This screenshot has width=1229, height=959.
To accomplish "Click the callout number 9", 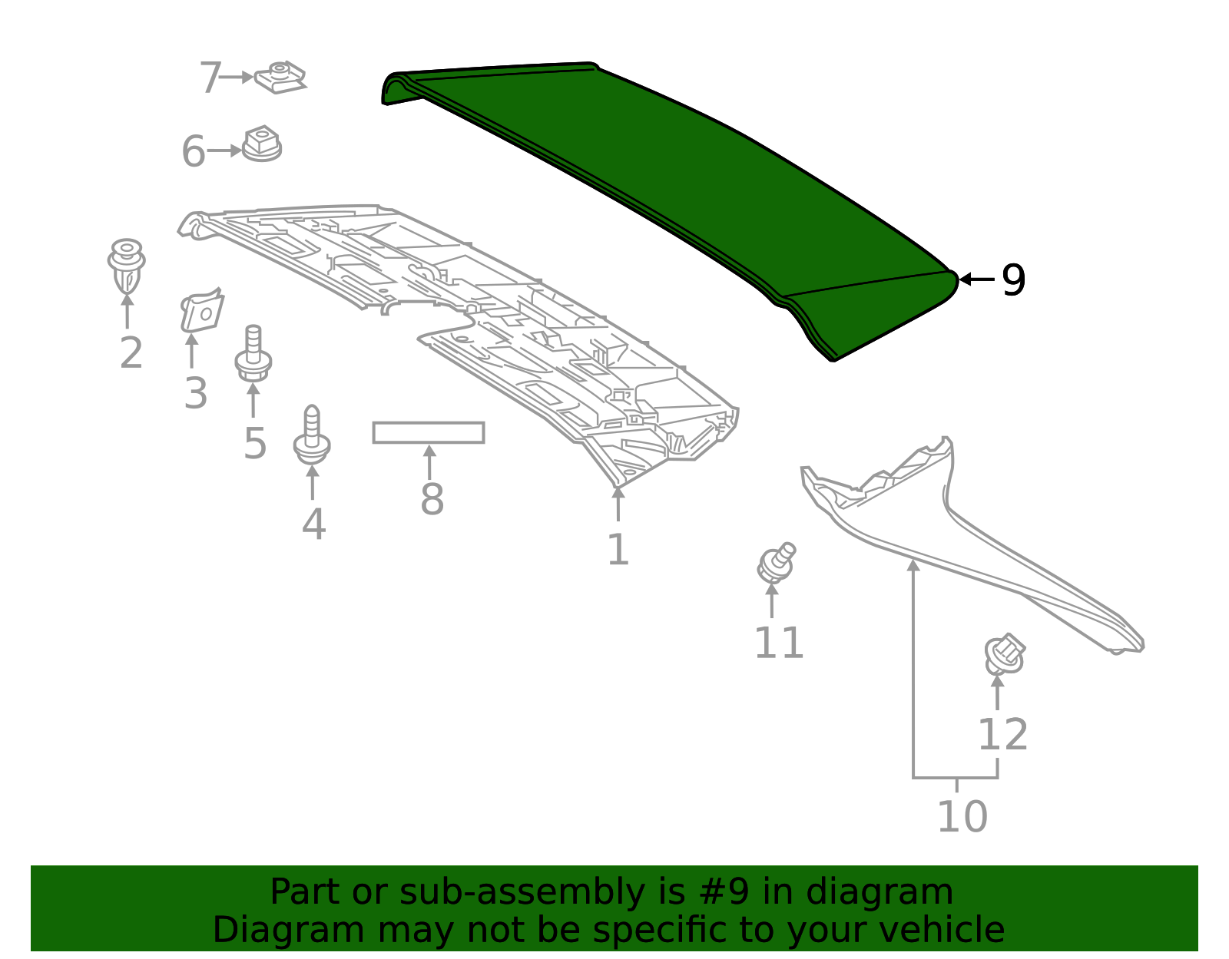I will pyautogui.click(x=1013, y=280).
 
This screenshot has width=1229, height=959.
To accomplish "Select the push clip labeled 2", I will pyautogui.click(x=126, y=266).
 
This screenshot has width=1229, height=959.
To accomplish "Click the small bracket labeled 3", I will pyautogui.click(x=201, y=312).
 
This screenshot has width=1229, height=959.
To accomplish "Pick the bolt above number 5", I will pyautogui.click(x=253, y=354).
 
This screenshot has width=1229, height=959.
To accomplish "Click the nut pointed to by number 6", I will pyautogui.click(x=262, y=144).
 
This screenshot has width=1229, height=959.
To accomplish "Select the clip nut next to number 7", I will pyautogui.click(x=280, y=78).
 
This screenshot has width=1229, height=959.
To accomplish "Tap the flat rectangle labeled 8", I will pyautogui.click(x=429, y=432).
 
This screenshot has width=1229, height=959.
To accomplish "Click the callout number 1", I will pyautogui.click(x=618, y=550).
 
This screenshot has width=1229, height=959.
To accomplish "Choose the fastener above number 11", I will pyautogui.click(x=776, y=564).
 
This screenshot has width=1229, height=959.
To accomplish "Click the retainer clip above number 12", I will pyautogui.click(x=1005, y=654).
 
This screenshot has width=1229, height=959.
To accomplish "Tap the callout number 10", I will pyautogui.click(x=962, y=816).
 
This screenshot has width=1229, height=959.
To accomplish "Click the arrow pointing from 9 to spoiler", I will pyautogui.click(x=977, y=279).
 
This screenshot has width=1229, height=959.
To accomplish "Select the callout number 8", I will pyautogui.click(x=432, y=500).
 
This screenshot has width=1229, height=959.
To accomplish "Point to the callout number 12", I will pyautogui.click(x=1002, y=735).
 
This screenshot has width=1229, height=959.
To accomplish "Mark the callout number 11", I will pyautogui.click(x=778, y=643).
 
